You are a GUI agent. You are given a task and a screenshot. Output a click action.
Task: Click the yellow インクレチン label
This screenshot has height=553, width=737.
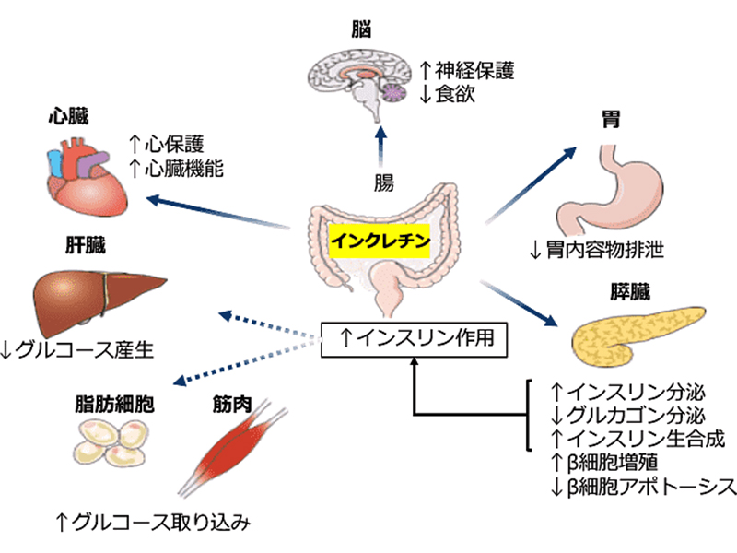coord(380,238)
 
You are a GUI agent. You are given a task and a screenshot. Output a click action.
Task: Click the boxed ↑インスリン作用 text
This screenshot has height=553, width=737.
coord(415,339)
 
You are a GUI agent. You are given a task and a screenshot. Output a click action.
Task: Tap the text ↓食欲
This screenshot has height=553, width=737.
coord(448,93)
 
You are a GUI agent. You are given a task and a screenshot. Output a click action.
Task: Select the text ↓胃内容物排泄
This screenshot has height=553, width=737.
coord(597,249)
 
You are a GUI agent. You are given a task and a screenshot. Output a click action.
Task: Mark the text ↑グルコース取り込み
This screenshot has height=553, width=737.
coord(152,524)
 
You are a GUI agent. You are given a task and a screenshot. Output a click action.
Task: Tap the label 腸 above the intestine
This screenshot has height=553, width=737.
coord(383,182)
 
